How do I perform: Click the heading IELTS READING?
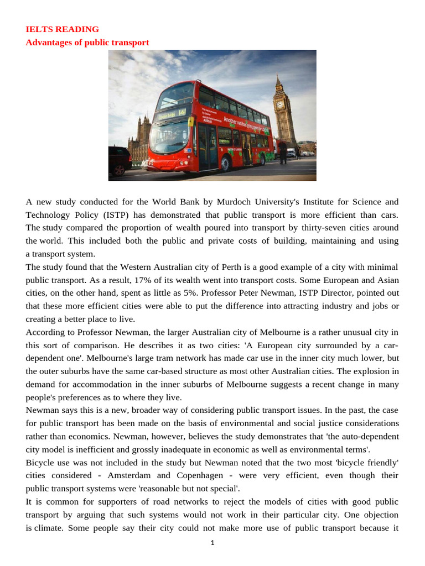pos(62,29)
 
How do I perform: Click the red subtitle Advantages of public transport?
pos(87,43)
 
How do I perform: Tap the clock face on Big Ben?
pos(280,104)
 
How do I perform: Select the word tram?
pos(149,358)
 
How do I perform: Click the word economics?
pos(86,436)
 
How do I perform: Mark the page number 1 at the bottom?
pos(212,543)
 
